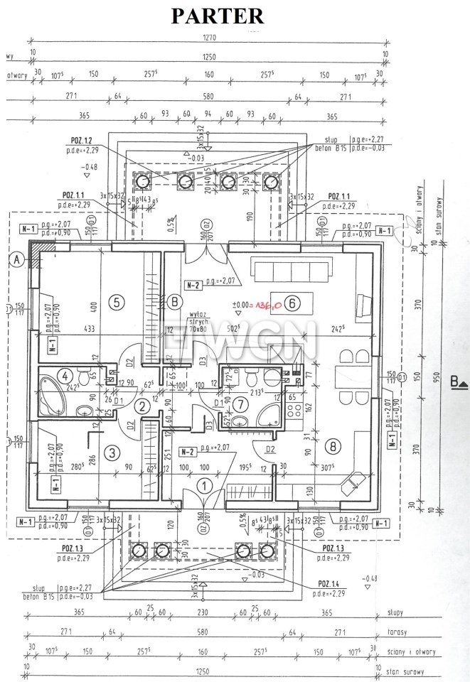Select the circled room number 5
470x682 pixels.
coord(118,302)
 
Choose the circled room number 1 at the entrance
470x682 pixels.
coord(204,487)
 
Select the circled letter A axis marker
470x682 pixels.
coord(15,259)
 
